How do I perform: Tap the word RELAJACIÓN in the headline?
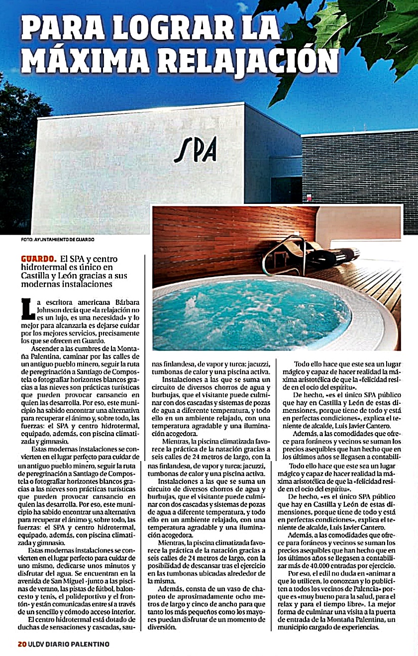248,59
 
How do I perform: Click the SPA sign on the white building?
195,148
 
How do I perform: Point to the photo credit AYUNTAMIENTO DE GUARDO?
65,239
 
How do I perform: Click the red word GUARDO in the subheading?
38,259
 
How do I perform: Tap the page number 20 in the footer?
22,644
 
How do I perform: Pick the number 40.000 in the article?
326,564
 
